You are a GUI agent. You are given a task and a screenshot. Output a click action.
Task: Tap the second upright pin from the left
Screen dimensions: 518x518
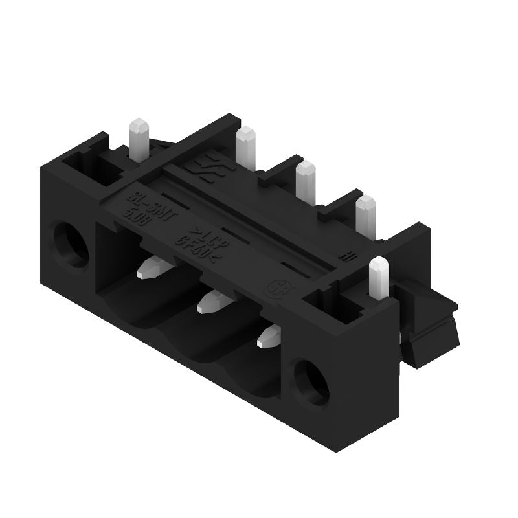coord(245,148)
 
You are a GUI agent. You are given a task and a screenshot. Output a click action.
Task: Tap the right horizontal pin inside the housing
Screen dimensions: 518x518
coord(269,337)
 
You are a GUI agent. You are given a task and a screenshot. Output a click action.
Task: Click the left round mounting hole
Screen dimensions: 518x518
coord(69,244)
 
